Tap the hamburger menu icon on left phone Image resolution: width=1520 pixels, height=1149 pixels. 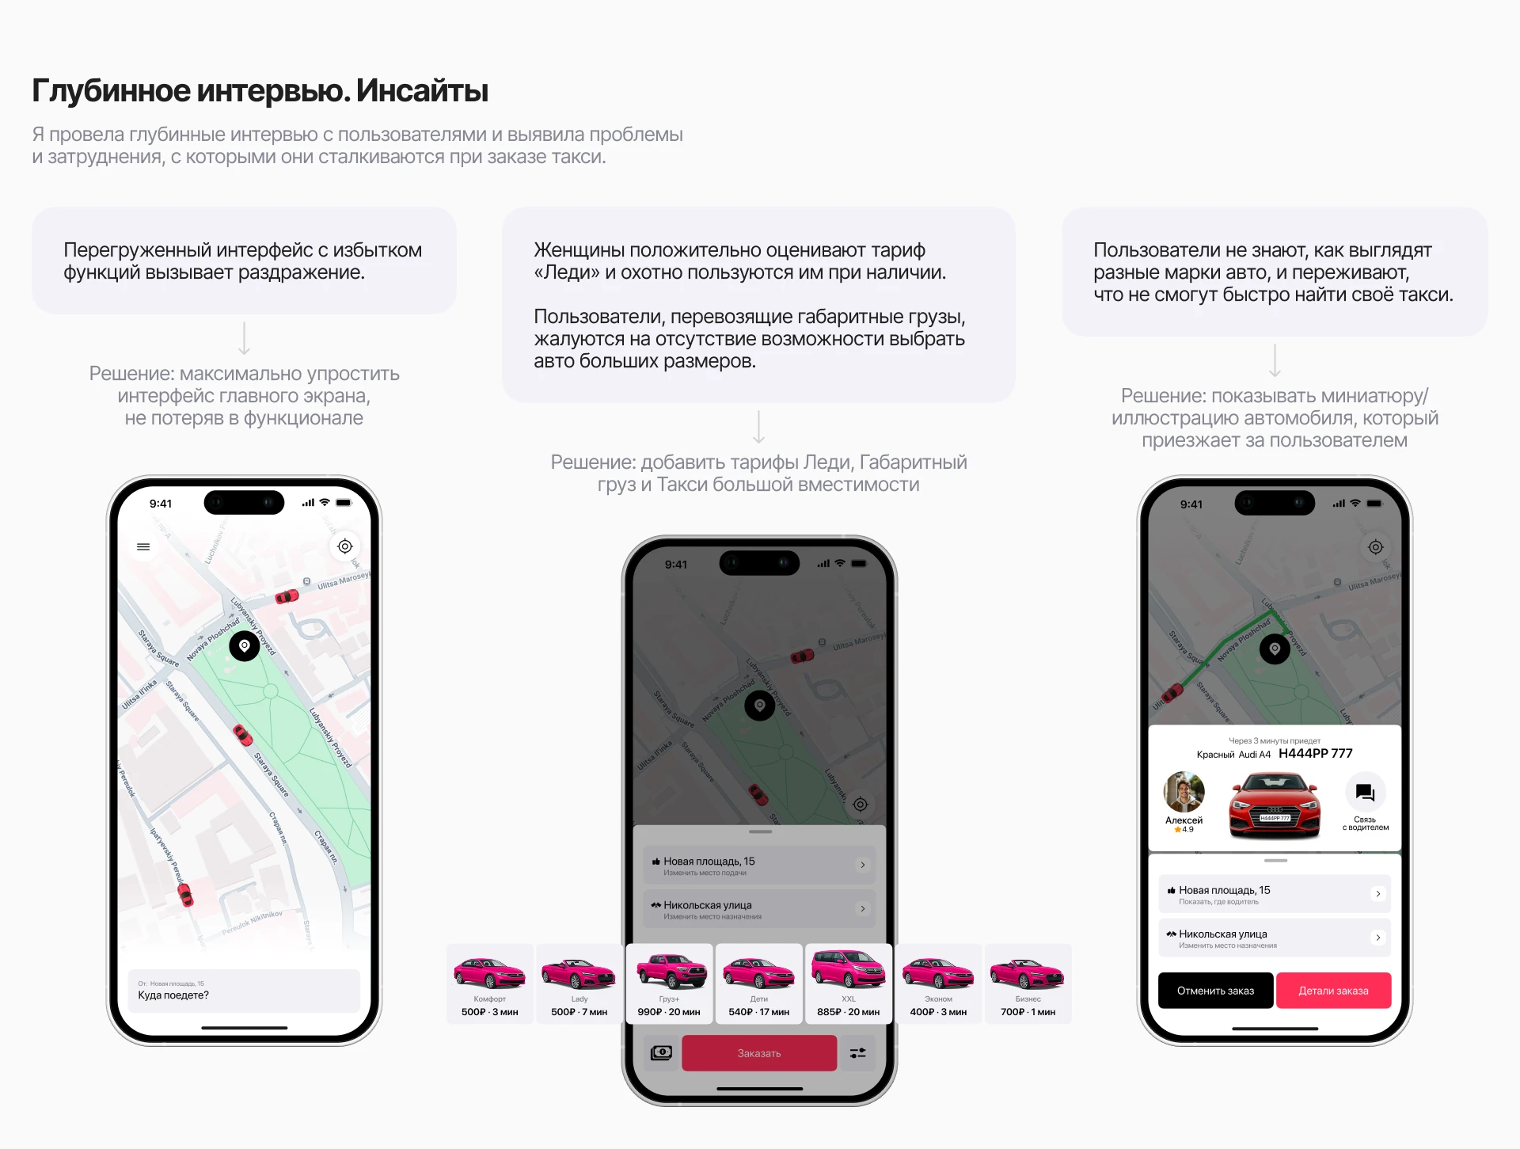(143, 546)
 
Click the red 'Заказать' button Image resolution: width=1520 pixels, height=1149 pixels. (758, 1053)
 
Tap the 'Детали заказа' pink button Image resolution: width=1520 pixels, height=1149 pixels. (1333, 991)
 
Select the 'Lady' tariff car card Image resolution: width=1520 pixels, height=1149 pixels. (579, 983)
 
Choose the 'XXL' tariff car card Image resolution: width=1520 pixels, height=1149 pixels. (849, 983)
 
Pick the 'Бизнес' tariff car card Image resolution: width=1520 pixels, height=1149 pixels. (1028, 983)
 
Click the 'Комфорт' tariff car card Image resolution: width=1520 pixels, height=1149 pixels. (489, 983)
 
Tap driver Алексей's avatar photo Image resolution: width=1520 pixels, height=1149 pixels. (1184, 792)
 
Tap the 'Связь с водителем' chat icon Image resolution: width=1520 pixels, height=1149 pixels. (1365, 793)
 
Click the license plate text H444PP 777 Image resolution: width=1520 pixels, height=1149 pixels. (1315, 753)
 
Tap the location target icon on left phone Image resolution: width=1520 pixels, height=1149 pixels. (345, 546)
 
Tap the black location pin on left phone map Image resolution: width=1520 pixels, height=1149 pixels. (245, 646)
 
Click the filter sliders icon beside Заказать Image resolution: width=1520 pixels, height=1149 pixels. (858, 1052)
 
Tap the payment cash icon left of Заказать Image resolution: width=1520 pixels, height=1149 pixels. (661, 1052)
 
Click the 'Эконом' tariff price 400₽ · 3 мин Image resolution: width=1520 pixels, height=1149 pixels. (938, 1012)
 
